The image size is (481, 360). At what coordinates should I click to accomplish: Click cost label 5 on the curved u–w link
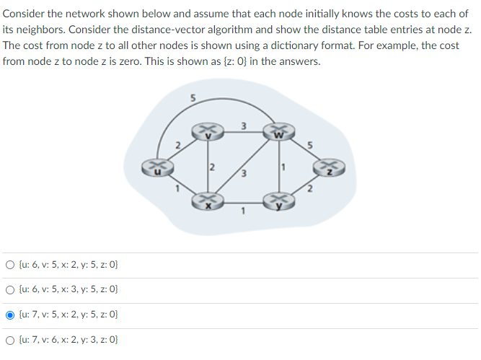(193, 97)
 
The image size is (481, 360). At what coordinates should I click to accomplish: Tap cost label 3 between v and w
(243, 126)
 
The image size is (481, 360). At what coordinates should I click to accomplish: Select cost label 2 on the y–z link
(309, 190)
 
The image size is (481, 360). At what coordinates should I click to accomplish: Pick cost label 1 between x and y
(243, 211)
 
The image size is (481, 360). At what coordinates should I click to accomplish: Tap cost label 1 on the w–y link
(284, 167)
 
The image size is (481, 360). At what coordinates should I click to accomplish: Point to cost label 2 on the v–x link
(212, 167)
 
